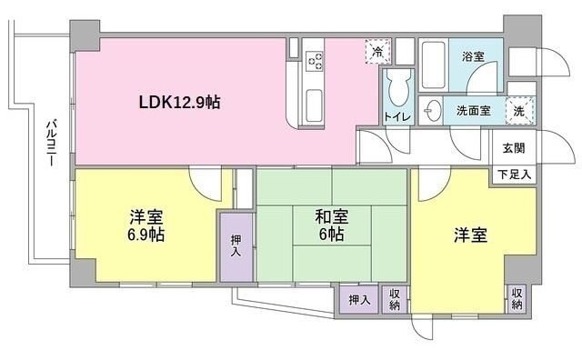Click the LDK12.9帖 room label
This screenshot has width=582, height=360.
[x=179, y=102]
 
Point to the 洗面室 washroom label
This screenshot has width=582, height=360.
[x=473, y=109]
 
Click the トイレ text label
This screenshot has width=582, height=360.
[x=397, y=117]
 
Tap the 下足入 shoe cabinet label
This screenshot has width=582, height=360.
[x=511, y=174]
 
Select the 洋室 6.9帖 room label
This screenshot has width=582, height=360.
[x=145, y=225]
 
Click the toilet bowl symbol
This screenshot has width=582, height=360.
[x=397, y=89]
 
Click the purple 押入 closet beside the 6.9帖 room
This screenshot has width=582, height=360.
[x=235, y=245]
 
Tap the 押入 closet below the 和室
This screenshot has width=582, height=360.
[x=359, y=299]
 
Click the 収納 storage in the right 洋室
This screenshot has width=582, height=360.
[x=517, y=298]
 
